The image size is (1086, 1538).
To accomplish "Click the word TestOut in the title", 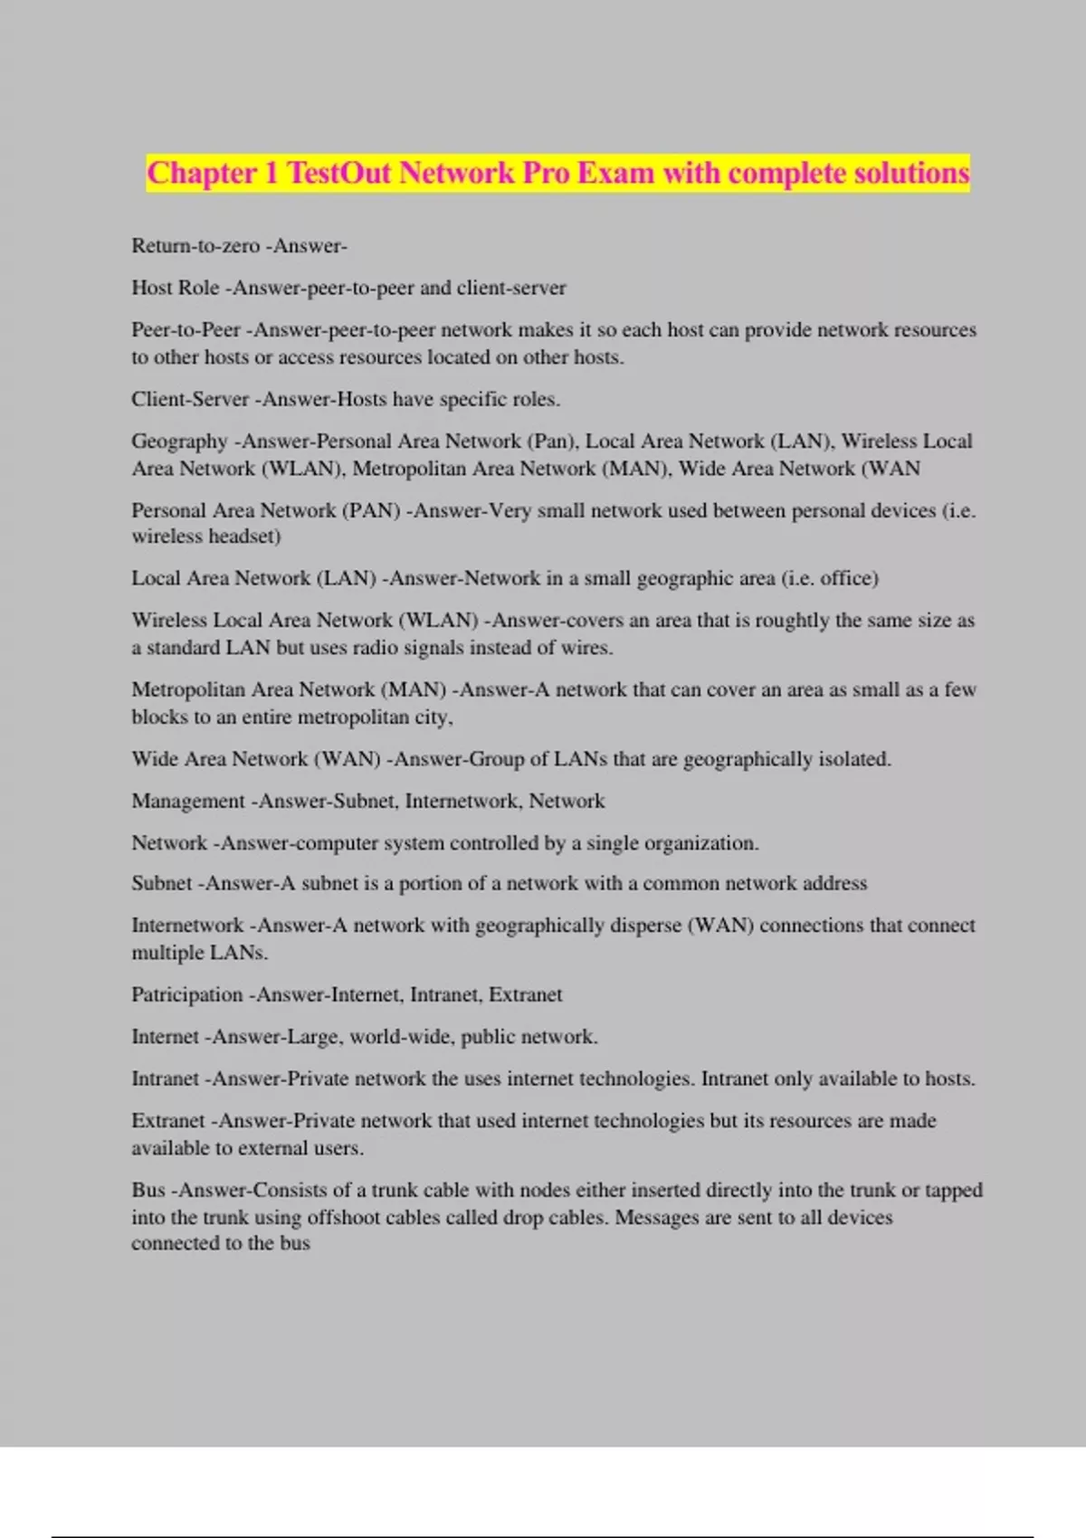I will (338, 172).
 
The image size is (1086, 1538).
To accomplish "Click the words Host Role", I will (176, 288).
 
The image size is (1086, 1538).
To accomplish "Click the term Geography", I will (179, 441).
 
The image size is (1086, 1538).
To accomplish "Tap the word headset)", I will (245, 536).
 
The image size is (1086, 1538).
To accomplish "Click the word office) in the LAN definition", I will (849, 578).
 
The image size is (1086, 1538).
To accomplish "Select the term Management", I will (188, 801).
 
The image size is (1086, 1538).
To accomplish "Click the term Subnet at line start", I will (162, 883).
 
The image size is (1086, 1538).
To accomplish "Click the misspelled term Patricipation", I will (187, 995).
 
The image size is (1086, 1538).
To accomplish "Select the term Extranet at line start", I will (168, 1121).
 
